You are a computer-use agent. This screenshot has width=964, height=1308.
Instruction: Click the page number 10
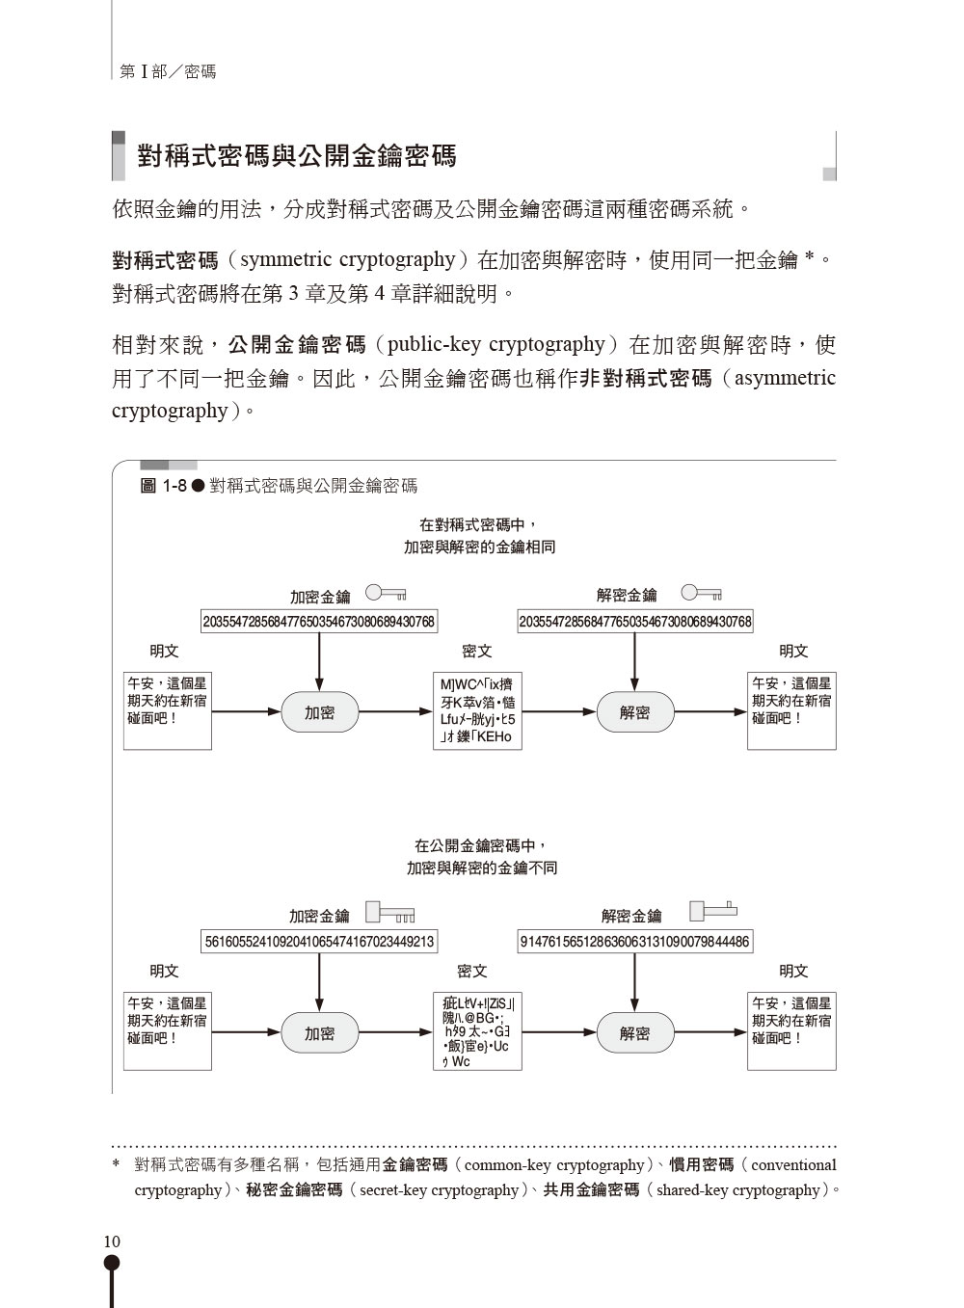point(112,1241)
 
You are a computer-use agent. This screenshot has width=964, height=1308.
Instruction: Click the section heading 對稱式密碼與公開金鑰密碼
point(297,156)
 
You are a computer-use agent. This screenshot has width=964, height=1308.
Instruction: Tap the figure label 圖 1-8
point(164,486)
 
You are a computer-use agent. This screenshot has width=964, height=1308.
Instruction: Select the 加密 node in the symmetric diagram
point(319,711)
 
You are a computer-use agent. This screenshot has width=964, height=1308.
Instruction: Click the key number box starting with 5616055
point(319,942)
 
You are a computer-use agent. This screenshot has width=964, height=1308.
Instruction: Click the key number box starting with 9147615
point(635,942)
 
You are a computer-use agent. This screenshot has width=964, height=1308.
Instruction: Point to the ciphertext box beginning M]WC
point(477,710)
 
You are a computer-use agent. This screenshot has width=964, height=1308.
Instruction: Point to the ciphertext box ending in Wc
point(477,1031)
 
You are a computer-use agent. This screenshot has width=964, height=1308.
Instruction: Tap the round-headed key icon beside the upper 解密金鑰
point(702,593)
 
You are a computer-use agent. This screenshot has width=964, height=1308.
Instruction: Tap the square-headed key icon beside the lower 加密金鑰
point(390,912)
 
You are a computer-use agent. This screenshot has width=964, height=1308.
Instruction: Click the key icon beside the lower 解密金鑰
point(713,910)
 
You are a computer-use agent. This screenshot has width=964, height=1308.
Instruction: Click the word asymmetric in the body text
point(785,378)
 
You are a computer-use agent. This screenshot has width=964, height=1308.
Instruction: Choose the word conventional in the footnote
point(793,1165)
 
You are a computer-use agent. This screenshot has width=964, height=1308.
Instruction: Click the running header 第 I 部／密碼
point(168,72)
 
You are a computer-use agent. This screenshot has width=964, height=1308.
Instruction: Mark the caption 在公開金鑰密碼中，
point(480,845)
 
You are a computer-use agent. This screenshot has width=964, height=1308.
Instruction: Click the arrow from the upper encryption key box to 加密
point(319,662)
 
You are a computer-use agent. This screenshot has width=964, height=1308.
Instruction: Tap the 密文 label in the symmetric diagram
point(476,651)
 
